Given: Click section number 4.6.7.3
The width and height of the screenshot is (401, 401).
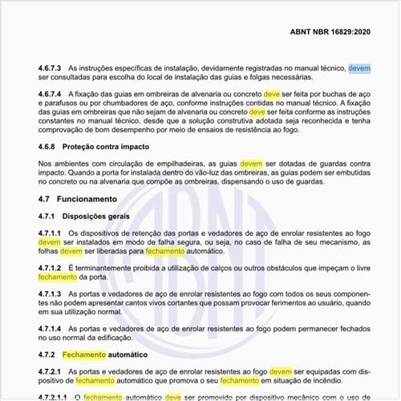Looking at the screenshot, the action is [x=50, y=70].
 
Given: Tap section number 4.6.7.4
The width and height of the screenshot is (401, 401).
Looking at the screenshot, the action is [x=50, y=93].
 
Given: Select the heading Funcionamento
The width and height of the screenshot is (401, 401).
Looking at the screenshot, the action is [x=95, y=198].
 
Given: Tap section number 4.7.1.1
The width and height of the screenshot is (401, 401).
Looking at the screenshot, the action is [x=50, y=232].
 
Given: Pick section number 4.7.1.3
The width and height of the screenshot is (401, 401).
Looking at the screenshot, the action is [x=50, y=294].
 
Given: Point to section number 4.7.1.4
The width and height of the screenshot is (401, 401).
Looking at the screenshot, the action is [x=50, y=328].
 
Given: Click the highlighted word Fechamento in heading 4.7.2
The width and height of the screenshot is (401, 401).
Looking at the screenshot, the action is [x=84, y=354].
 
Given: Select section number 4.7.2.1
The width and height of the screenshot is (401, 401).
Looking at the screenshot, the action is [x=50, y=371].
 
